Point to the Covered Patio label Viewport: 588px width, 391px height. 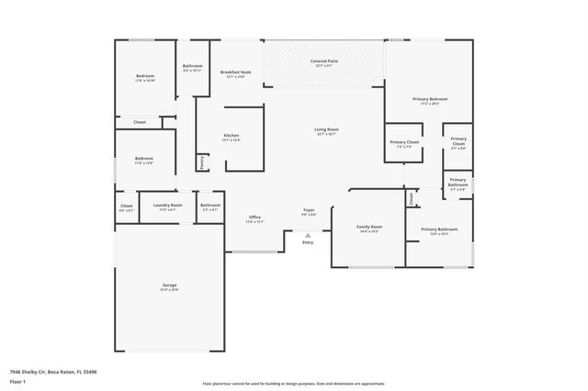(x=324, y=61)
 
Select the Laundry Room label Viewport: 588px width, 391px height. (x=167, y=207)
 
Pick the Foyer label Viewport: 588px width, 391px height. (x=309, y=211)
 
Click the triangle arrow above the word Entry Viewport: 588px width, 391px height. (x=308, y=235)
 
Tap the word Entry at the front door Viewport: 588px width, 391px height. (x=308, y=242)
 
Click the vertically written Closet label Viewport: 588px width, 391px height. (x=412, y=196)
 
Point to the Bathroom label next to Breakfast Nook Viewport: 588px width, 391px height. (x=193, y=67)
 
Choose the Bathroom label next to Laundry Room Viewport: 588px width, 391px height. (x=210, y=207)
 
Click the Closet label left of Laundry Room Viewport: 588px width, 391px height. (x=127, y=207)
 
